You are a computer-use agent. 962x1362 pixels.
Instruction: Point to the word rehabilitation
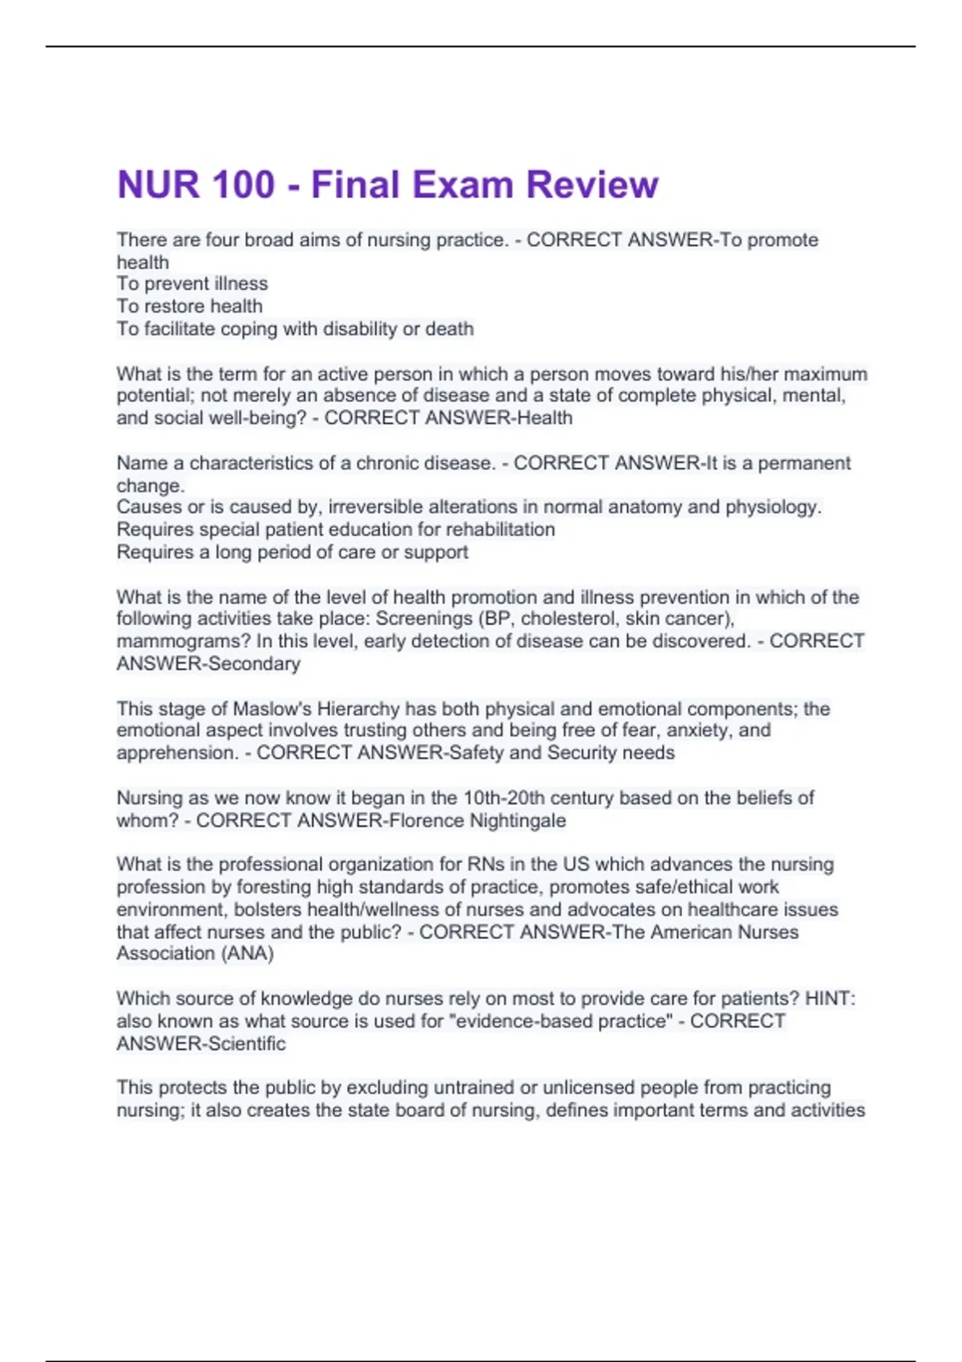tap(500, 530)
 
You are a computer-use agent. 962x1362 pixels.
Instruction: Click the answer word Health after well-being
tap(545, 418)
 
